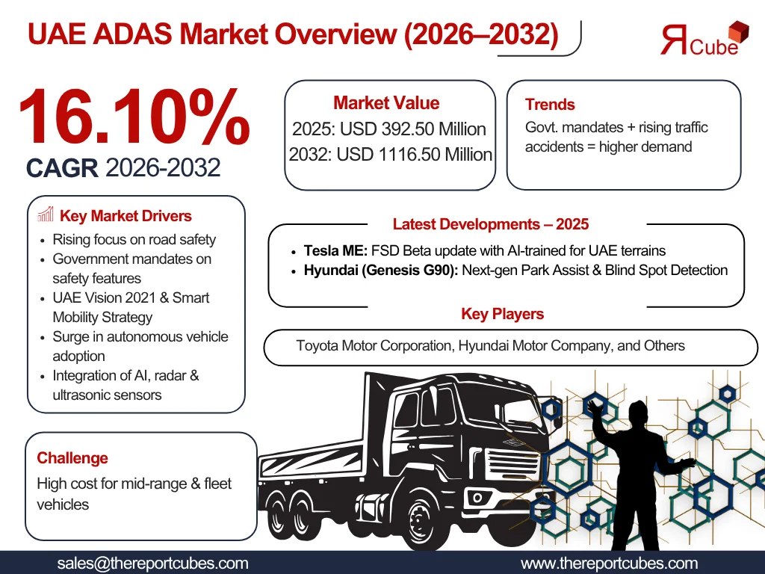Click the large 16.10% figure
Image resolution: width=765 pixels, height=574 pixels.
133,117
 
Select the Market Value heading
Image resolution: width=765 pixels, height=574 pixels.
386,103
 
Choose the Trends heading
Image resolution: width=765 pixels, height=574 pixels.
550,105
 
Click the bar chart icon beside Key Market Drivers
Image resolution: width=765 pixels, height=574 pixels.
46,216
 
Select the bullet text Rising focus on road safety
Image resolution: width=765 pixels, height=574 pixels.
134,240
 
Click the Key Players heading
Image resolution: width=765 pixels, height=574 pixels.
502,314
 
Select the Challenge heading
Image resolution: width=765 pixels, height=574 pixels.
72,458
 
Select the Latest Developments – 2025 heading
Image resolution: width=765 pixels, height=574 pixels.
490,224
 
